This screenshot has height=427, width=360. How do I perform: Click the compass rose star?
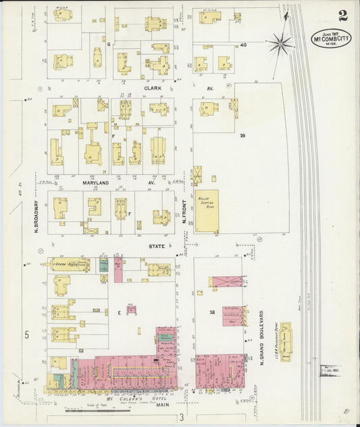pos(280,44)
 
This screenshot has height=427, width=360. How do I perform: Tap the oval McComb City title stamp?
pos(331,39)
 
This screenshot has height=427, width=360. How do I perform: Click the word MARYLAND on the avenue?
pos(96,183)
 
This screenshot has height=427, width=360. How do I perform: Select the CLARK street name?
pos(150,88)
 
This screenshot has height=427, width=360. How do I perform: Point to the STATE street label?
pos(156,247)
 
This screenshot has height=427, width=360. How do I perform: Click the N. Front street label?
pos(184,211)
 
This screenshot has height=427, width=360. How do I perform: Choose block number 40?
pos(242,45)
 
